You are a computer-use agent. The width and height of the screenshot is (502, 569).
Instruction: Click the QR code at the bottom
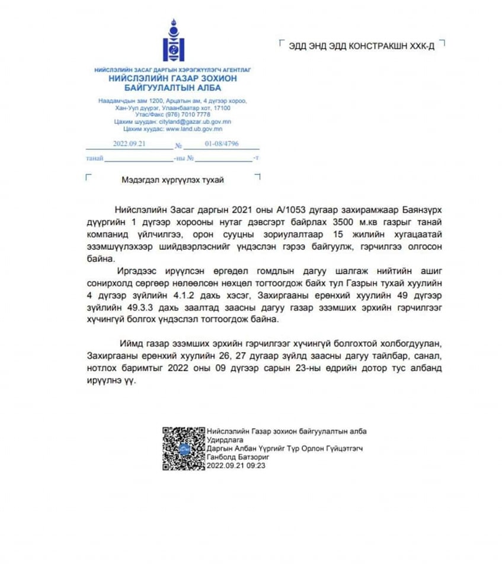(183, 448)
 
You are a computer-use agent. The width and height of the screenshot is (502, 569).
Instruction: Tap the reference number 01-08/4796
(222, 143)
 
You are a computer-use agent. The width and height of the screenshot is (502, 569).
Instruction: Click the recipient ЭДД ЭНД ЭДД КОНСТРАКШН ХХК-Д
(362, 46)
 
